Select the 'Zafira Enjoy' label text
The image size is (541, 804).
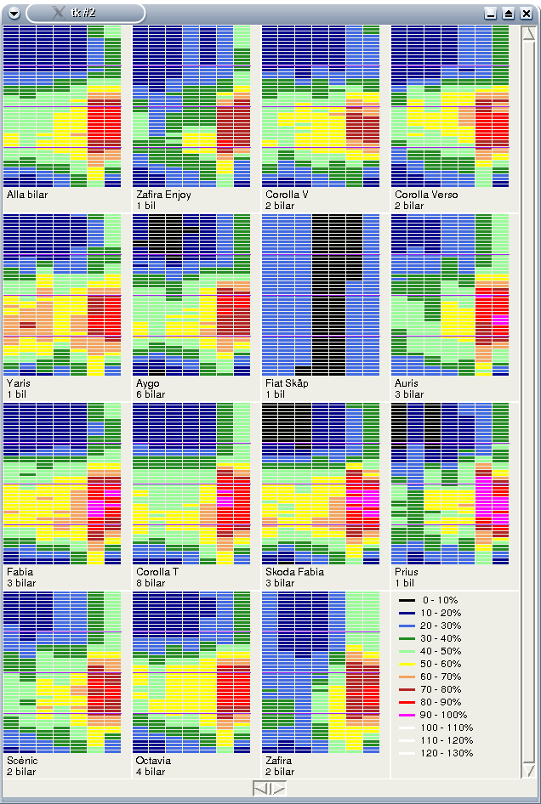[163, 195]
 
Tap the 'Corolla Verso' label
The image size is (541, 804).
[426, 195]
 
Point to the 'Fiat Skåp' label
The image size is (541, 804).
[287, 383]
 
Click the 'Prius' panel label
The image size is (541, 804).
[407, 572]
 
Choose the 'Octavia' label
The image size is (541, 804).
[154, 761]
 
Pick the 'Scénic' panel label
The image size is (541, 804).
[22, 761]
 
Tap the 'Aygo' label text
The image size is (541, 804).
[147, 383]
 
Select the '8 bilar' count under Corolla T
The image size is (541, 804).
[151, 583]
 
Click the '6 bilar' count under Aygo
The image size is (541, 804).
[151, 394]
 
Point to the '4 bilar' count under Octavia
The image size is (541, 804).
[151, 772]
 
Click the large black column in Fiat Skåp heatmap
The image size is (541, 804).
[338, 289]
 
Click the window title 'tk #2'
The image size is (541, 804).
[83, 13]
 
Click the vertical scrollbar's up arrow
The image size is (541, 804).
[528, 33]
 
